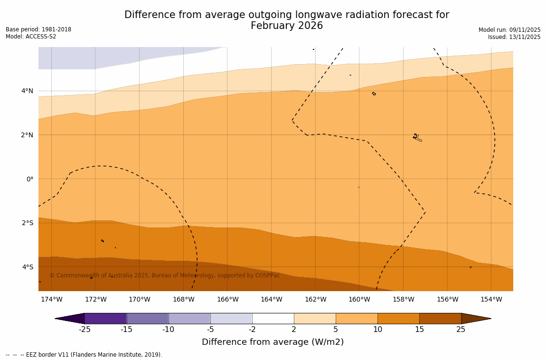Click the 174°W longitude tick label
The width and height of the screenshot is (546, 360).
[51, 299]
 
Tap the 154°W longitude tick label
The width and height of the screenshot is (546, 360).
[491, 299]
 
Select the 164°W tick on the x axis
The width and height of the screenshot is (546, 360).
[271, 299]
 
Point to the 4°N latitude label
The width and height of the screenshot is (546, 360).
[28, 91]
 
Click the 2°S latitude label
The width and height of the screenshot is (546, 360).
[28, 223]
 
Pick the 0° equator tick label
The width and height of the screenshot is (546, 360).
[30, 179]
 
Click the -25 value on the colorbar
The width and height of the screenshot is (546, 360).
[85, 330]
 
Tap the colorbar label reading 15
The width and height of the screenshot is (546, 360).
[419, 330]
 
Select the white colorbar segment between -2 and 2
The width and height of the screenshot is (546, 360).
[273, 318]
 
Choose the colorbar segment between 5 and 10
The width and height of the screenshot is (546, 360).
[357, 318]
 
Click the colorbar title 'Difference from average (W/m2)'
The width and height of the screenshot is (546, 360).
[273, 342]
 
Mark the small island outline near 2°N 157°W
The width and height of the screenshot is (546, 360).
[416, 137]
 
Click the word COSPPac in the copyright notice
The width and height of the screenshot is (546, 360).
[267, 275]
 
